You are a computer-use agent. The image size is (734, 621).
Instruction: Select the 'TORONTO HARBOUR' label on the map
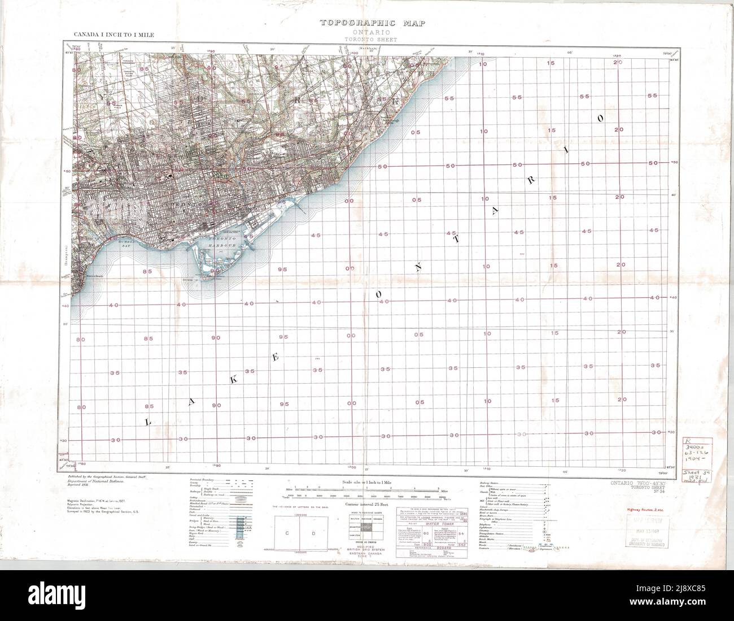(x=221, y=242)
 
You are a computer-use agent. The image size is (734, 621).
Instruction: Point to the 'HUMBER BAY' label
(x=125, y=243)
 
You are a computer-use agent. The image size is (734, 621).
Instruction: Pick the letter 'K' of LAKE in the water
(x=231, y=380)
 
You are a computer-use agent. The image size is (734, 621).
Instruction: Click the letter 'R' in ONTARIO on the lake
(x=530, y=179)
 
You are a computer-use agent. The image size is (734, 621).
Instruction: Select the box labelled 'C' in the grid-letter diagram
(x=287, y=533)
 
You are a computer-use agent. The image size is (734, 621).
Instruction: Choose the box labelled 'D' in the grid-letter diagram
(x=312, y=533)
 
